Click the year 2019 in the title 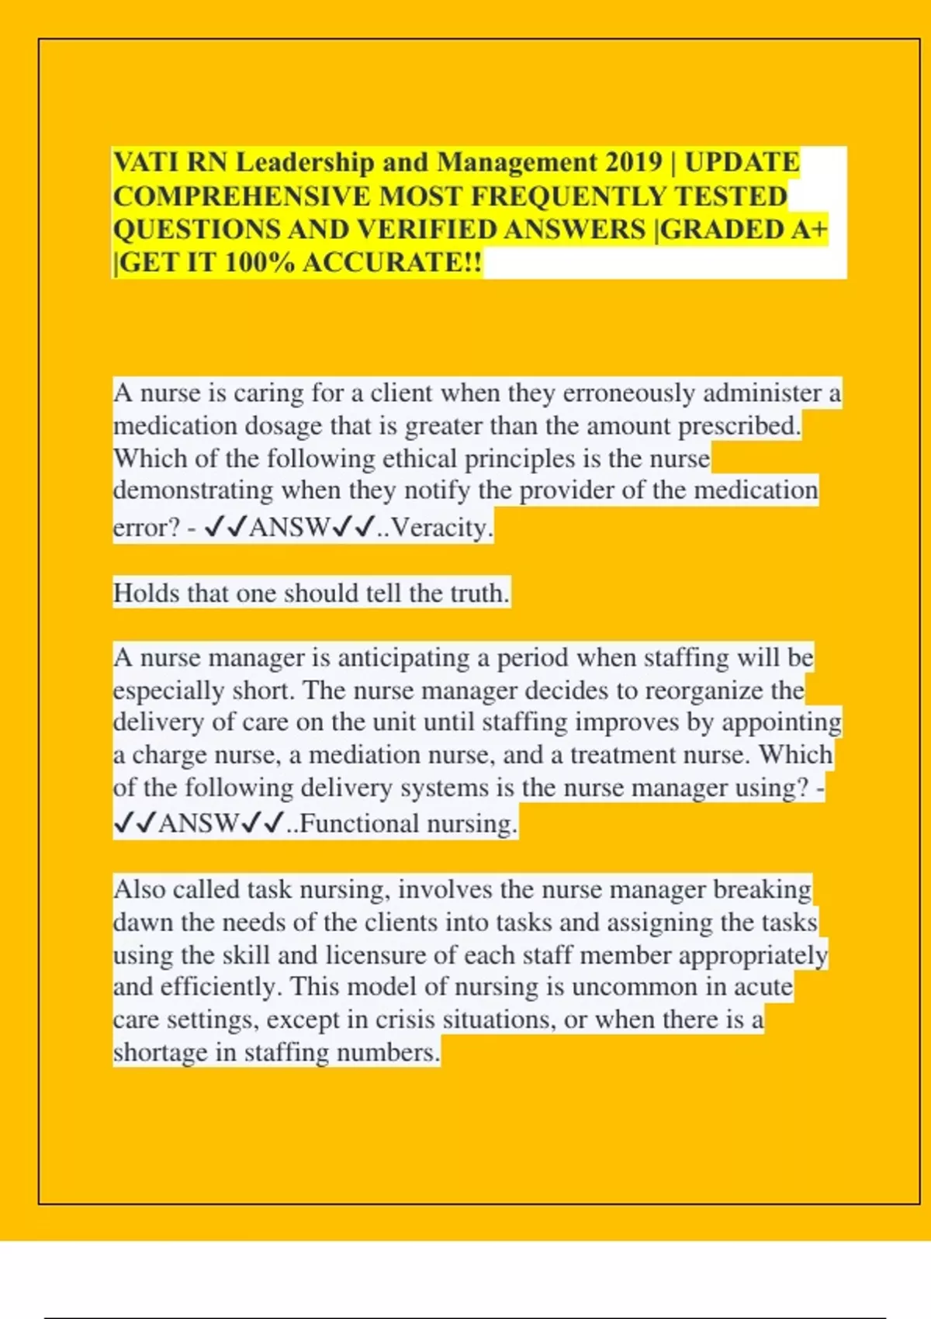click(629, 163)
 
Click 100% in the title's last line click(259, 263)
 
